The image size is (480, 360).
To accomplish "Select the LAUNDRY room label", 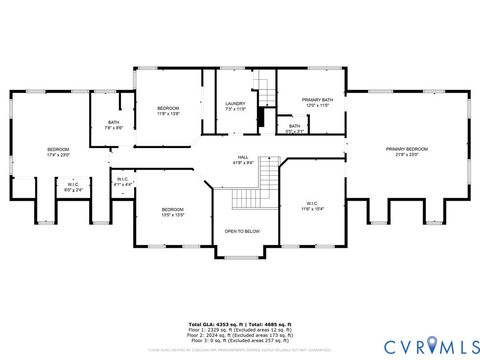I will point(236,104).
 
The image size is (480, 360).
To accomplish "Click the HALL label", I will point(243,158).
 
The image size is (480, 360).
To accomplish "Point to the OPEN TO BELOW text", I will point(243,231).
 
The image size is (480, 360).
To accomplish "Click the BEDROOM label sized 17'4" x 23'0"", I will point(59,152).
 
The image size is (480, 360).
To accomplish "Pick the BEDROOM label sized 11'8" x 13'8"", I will point(168,111).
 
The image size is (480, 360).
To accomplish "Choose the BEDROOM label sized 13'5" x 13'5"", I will point(173,211).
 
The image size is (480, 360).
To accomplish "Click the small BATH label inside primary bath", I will point(294,128).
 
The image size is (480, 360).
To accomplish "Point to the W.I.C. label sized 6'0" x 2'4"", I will point(73,186).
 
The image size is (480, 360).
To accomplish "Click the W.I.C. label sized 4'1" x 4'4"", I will point(122,182).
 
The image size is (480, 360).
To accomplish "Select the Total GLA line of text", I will point(240,324).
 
